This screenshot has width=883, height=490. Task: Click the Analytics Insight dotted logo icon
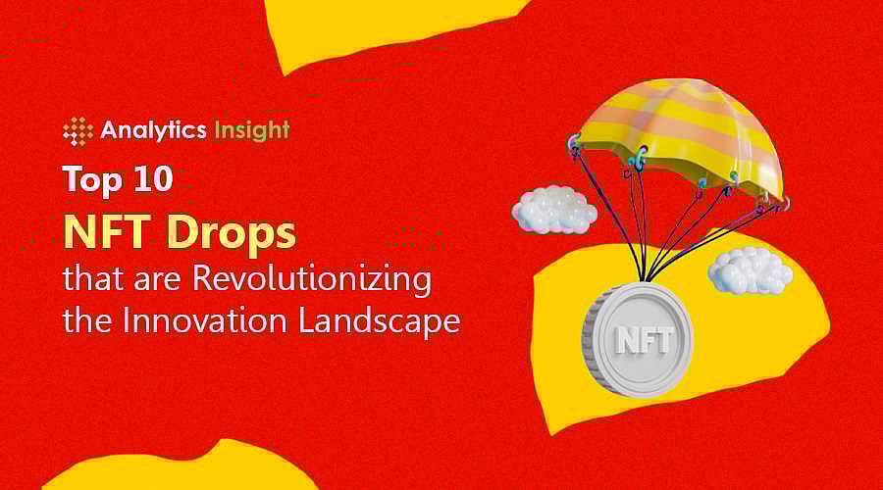coord(78,131)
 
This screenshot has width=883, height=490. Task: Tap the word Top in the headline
coord(93,180)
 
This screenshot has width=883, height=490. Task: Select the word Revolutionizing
coord(311,280)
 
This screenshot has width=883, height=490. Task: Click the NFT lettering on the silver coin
coord(644,341)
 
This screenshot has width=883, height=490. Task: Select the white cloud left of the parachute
coord(553,209)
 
